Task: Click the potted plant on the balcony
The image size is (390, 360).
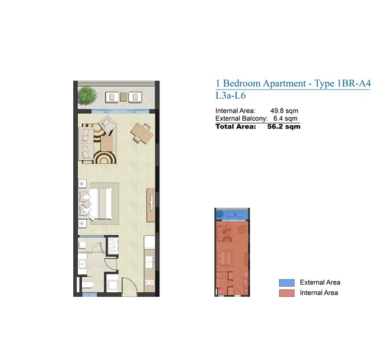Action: click(x=87, y=95)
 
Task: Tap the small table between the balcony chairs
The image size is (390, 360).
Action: click(x=123, y=97)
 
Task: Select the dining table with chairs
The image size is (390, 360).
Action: click(x=141, y=133)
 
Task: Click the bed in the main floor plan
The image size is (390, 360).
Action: click(x=96, y=203)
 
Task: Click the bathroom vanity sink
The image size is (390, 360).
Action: click(x=82, y=264)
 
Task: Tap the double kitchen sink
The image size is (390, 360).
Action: click(x=149, y=263)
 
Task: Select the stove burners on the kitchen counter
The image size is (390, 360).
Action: click(x=150, y=282)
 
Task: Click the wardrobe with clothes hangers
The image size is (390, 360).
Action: click(x=112, y=246)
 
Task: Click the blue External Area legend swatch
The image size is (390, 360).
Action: click(x=286, y=283)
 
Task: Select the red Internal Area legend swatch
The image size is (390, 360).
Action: click(x=286, y=293)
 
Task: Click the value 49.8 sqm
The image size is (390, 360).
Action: click(x=284, y=111)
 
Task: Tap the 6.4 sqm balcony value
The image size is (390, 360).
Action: click(x=285, y=119)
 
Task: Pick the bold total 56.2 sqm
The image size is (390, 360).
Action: click(x=284, y=127)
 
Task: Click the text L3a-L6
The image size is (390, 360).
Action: click(x=231, y=96)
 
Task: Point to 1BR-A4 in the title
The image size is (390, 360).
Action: click(x=353, y=83)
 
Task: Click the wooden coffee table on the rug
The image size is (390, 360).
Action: click(x=107, y=144)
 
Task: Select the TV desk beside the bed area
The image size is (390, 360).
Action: click(x=151, y=205)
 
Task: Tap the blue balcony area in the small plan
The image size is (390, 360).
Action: click(x=232, y=215)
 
